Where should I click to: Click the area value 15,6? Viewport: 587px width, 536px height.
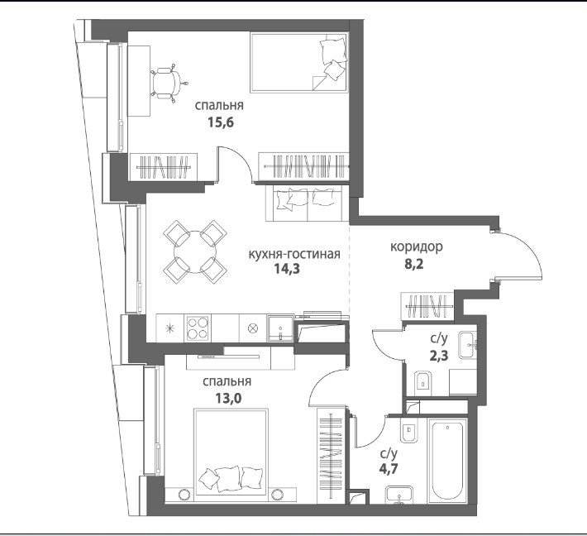tap(221, 122)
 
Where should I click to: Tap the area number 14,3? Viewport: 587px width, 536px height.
tap(287, 269)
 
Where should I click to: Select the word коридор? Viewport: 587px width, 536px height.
tap(417, 246)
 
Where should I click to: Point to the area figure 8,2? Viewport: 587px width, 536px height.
tap(413, 265)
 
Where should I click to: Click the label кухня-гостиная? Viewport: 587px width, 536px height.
tap(294, 254)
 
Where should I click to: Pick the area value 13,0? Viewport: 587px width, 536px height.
tap(228, 398)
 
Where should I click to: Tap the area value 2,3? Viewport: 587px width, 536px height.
tap(439, 355)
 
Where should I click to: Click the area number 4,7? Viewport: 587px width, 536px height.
tap(389, 468)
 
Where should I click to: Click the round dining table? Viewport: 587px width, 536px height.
tap(195, 251)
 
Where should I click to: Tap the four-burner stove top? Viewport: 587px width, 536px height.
tap(198, 328)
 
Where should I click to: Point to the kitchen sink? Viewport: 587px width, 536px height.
tap(281, 328)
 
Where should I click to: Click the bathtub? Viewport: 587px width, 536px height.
tap(448, 461)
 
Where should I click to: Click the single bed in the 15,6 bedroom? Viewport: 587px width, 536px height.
tap(299, 62)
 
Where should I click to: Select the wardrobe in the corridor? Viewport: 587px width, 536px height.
tap(427, 306)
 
